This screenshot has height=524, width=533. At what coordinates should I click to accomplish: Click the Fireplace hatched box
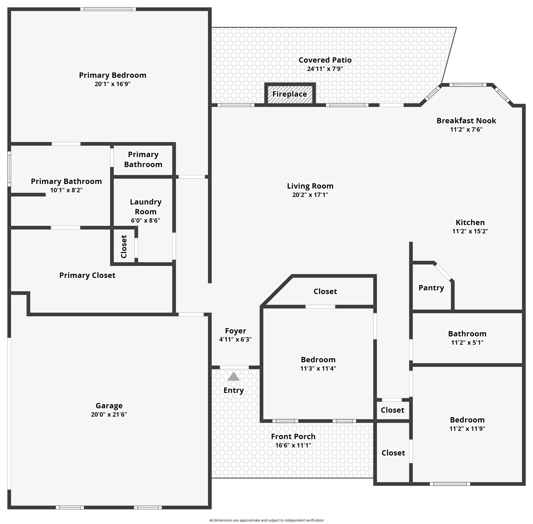[290, 94]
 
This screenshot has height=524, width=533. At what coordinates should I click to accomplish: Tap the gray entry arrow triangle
[234, 377]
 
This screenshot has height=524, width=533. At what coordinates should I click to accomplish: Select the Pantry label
[431, 288]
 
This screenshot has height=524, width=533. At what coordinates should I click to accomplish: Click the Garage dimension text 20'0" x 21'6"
[109, 414]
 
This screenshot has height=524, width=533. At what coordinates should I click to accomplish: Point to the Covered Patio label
[325, 60]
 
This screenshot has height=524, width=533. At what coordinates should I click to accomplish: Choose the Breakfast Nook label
[466, 121]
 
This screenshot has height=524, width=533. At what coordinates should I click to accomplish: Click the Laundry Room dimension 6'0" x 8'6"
[146, 220]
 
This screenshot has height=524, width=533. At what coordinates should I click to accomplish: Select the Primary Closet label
[87, 275]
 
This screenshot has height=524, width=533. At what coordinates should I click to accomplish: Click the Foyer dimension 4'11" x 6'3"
[235, 339]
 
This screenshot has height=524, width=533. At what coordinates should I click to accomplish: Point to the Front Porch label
[293, 436]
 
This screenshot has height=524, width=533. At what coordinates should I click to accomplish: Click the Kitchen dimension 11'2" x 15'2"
[470, 231]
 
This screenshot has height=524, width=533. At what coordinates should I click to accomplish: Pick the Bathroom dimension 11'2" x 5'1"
[467, 343]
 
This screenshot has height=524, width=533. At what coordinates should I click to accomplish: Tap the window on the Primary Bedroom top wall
[108, 9]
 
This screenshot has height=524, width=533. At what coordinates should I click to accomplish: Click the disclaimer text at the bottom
[266, 520]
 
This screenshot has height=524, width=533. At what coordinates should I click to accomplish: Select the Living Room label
[310, 186]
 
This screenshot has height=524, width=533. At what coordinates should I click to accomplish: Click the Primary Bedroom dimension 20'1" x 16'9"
[112, 84]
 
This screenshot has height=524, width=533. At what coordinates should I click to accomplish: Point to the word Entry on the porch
[234, 390]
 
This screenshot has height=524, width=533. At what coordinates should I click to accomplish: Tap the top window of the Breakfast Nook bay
[468, 85]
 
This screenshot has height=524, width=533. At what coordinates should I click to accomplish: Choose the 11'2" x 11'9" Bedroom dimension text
[467, 429]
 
